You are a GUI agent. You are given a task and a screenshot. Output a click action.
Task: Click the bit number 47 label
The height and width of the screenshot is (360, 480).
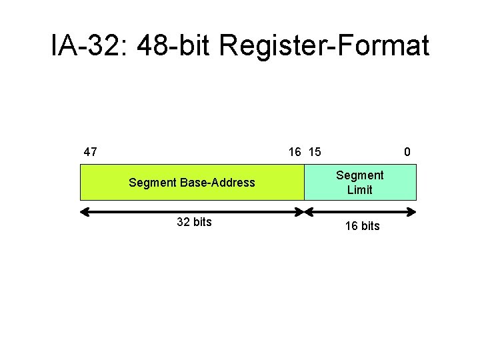click(90, 151)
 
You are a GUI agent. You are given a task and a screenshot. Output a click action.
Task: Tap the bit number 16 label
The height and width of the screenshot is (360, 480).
click(295, 151)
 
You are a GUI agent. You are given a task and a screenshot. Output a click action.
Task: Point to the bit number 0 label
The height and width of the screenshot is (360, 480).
click(407, 151)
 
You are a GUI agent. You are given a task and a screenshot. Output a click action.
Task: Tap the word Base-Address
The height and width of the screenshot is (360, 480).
click(215, 183)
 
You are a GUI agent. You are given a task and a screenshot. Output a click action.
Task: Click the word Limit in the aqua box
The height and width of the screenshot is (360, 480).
click(360, 190)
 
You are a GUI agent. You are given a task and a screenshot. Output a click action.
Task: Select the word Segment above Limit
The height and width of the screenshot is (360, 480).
click(360, 175)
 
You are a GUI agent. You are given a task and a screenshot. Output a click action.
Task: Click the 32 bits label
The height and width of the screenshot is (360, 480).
click(194, 222)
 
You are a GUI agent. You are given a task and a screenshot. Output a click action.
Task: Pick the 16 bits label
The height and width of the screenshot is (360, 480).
click(362, 226)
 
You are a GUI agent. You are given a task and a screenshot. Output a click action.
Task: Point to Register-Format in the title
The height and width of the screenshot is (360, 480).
click(324, 46)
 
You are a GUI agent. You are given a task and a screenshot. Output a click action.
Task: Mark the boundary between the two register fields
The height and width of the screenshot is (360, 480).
click(304, 182)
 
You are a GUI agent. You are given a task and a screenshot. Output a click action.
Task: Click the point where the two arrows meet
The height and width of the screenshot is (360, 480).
click(304, 212)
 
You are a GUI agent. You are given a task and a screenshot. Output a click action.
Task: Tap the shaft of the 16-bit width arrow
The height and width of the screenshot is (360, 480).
click(360, 212)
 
